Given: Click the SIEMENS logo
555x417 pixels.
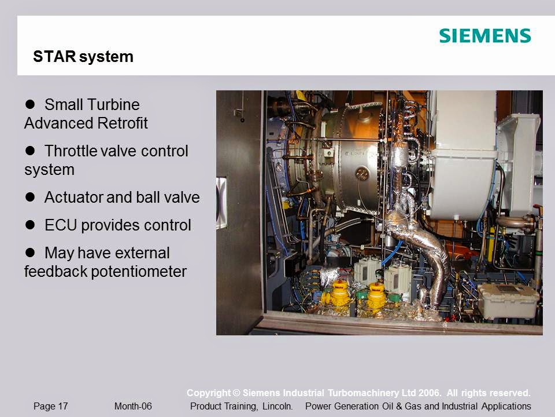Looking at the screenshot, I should point(484,35).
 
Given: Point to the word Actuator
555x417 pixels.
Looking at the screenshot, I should point(73,197).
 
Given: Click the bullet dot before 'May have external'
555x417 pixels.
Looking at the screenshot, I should point(31,253).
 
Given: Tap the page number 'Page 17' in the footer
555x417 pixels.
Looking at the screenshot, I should point(50,407).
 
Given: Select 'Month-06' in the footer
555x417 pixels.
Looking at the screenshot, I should point(133,407).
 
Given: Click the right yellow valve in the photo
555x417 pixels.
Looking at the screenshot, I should point(376,295).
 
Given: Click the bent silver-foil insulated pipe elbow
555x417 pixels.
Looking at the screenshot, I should point(425,255).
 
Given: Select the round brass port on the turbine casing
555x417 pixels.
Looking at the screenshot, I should point(362,173).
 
